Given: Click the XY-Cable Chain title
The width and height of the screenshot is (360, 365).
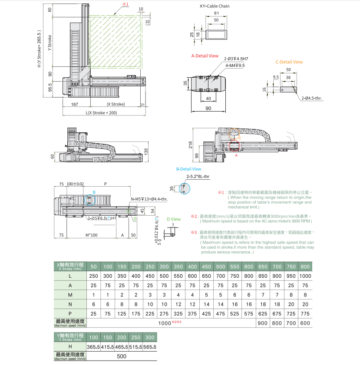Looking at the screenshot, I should pos(215,6).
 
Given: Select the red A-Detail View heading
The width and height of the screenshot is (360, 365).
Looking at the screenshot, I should pos(205,56).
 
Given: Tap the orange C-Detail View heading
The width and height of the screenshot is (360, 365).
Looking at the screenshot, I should pos(289,62).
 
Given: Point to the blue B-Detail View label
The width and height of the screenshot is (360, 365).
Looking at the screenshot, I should pos(188,169).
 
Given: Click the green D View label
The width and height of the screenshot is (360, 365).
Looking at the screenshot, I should pos(174,220).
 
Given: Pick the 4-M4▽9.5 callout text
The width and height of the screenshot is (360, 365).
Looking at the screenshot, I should pos(235,65).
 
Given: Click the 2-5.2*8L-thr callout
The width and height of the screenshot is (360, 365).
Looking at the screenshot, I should pos(198,177).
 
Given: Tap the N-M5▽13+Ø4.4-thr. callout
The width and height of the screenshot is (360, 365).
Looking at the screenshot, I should pos(149,199).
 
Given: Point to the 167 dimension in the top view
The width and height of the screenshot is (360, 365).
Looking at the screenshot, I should pos(75,104).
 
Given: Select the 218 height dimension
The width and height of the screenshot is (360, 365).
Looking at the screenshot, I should pos(190,145).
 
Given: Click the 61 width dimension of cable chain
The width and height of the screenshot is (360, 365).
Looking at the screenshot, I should pos(216,14).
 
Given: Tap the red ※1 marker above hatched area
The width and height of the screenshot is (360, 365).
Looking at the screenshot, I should pos(125,4).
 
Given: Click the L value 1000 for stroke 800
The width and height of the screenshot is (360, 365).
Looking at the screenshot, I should pos(305,276).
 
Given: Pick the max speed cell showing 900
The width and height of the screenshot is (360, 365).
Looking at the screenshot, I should pos(263,323).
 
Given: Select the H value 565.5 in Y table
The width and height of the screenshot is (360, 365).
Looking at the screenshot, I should pos(149,347).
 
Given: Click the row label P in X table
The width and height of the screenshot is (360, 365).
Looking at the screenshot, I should pos(70,313).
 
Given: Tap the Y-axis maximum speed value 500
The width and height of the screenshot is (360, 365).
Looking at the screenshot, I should pos(122,356).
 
